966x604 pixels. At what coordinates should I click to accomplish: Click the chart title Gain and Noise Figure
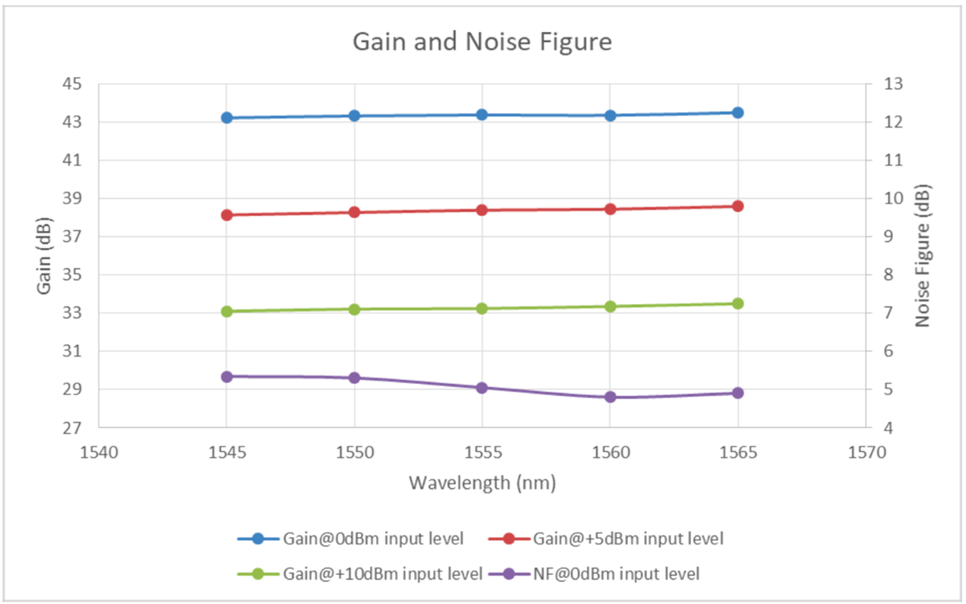point(482,41)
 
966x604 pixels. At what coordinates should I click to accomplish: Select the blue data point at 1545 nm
point(227,118)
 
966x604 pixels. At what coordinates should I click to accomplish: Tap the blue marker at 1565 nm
point(738,113)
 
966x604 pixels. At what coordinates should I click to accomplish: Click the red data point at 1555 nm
point(482,210)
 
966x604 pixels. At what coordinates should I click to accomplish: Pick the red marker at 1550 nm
point(354,213)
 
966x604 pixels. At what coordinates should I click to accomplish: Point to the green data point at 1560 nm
point(610,306)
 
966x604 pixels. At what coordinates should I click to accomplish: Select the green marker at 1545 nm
point(227,312)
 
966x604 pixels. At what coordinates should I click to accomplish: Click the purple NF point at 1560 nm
point(610,397)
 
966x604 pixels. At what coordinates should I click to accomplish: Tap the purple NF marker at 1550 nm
point(354,378)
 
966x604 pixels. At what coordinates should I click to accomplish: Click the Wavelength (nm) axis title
point(482,483)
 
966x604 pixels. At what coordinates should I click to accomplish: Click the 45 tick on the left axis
point(79,85)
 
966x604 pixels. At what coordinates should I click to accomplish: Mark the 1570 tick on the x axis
point(866,453)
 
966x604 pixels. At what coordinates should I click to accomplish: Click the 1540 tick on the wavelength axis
point(99,453)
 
